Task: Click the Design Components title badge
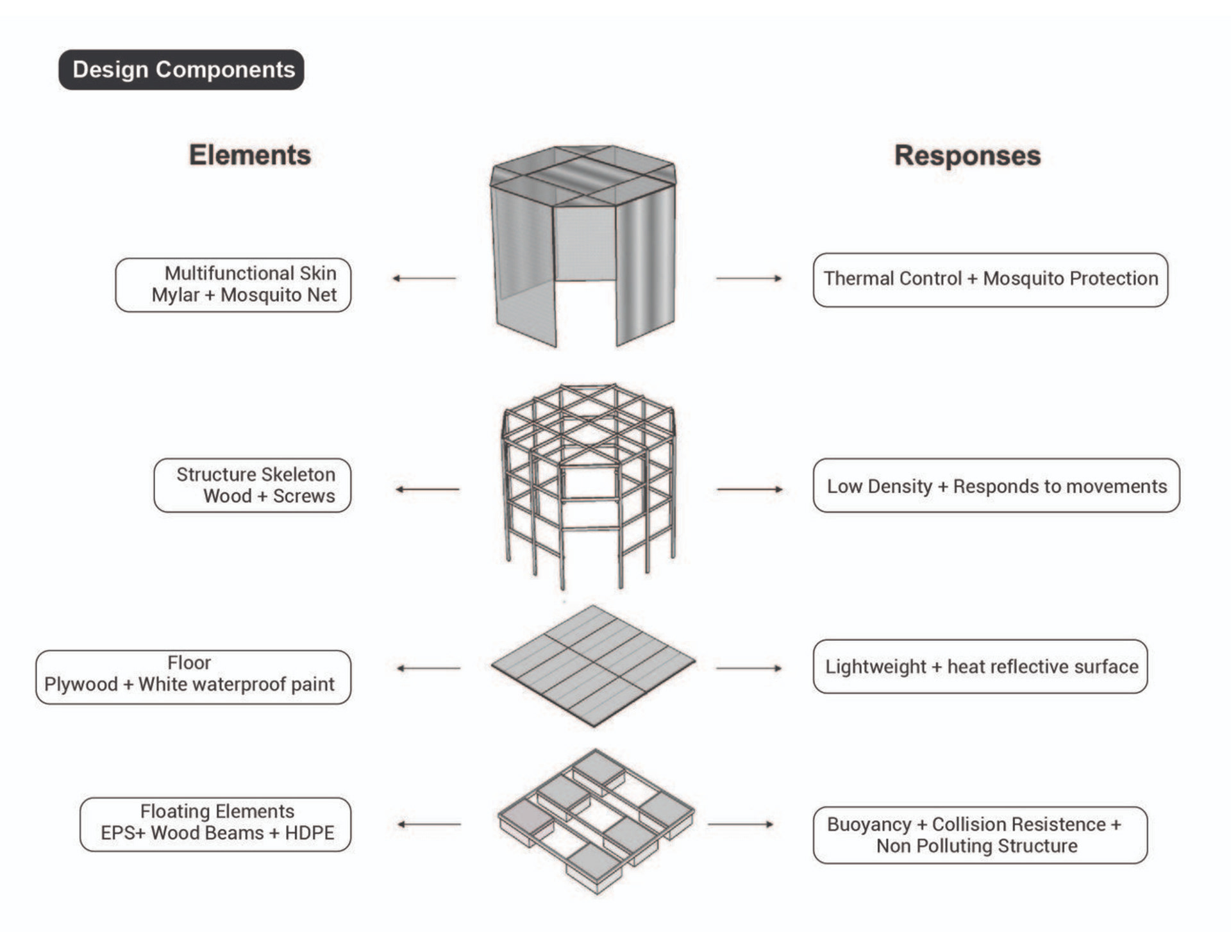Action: point(181,70)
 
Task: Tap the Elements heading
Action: point(250,155)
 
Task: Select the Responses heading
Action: point(967,156)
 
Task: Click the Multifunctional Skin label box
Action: point(233,285)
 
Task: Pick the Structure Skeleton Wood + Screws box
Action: point(253,485)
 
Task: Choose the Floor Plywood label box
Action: point(194,677)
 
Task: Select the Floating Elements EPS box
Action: point(215,824)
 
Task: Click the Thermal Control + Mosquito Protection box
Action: point(990,279)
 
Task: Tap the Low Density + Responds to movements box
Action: point(996,485)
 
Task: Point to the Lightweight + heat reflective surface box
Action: point(980,667)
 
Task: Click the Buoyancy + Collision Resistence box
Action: point(980,835)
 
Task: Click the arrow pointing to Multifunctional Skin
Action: point(424,278)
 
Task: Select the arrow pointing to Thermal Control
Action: point(749,278)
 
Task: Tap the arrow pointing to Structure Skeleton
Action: point(428,489)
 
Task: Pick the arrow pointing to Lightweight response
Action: point(749,668)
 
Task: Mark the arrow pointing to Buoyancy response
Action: point(741,824)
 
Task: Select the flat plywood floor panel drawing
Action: point(593,665)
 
